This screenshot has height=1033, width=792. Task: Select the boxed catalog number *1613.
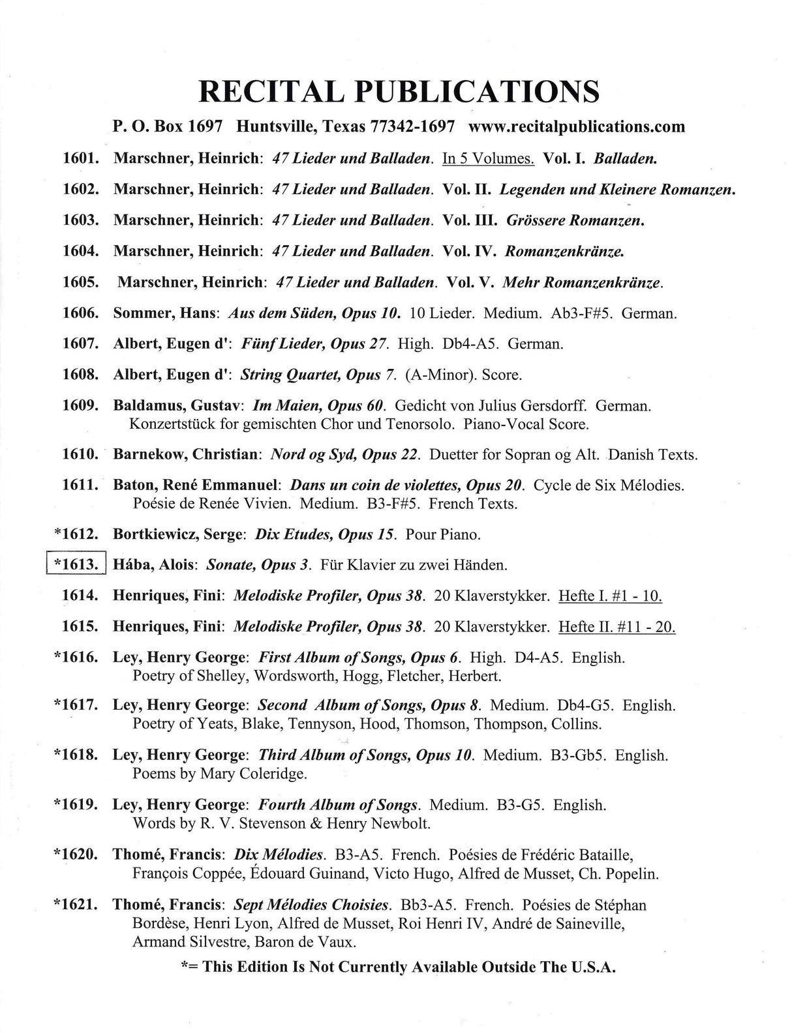point(77,564)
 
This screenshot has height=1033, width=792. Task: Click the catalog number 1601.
point(80,158)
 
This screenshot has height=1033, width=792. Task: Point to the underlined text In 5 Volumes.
point(488,158)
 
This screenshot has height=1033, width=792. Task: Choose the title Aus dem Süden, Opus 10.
point(313,313)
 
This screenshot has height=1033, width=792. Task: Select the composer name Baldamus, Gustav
point(178,406)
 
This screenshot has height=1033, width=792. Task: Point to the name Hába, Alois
point(154,564)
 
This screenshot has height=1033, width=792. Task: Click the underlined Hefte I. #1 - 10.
point(611,595)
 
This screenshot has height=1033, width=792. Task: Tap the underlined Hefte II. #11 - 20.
point(617,626)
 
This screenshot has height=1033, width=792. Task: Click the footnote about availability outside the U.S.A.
point(398,967)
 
